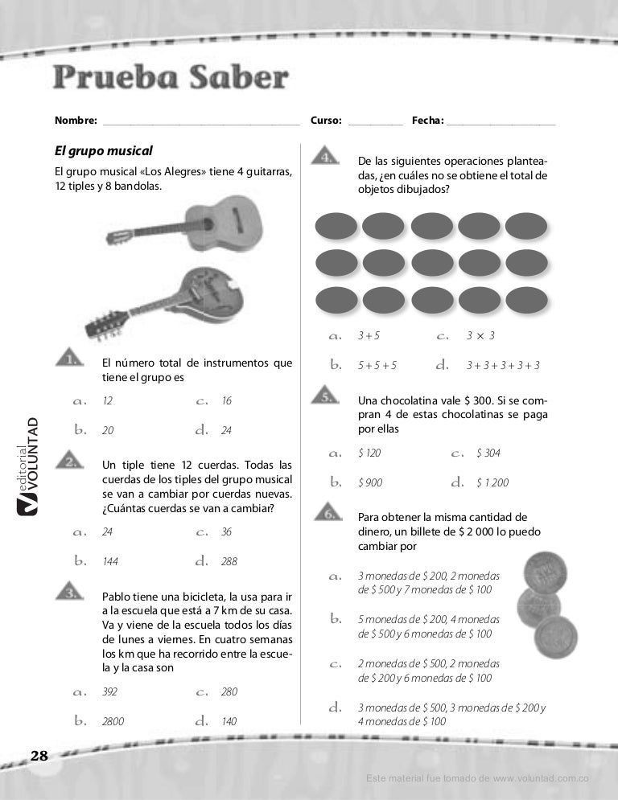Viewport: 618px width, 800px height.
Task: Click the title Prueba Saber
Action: tap(170, 79)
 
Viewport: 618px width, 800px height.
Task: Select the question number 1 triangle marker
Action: tap(71, 359)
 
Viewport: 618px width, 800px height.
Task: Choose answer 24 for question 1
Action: tap(226, 431)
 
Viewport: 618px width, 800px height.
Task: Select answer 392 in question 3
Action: tap(109, 691)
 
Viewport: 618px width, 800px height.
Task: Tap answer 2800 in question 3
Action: tap(113, 722)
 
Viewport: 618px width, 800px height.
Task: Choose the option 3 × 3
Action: tap(480, 335)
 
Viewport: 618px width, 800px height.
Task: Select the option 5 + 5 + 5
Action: tap(377, 366)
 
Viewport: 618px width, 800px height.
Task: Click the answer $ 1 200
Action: tap(492, 483)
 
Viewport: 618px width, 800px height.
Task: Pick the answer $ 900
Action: tap(370, 483)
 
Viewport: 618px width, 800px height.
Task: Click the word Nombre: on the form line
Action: tap(75, 121)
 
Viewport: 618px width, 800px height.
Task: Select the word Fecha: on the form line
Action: tap(427, 121)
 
